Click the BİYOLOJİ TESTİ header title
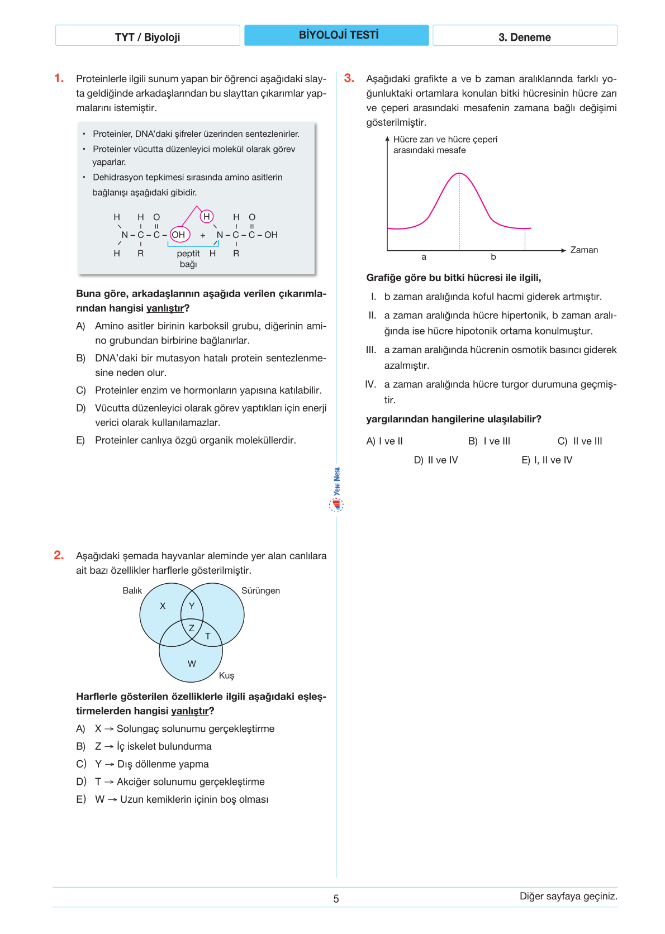point(338,35)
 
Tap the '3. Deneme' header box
point(524,37)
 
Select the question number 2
point(59,555)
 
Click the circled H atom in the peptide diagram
point(207,216)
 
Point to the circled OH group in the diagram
point(179,235)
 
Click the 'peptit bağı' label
point(188,259)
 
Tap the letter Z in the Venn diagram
point(192,628)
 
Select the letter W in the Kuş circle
point(192,664)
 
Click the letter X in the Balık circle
point(163,606)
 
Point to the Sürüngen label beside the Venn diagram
point(260,590)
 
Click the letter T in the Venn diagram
point(208,636)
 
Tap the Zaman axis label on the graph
point(584,250)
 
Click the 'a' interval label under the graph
point(424,257)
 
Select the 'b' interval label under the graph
point(493,257)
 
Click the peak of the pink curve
point(459,174)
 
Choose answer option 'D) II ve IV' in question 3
point(436,460)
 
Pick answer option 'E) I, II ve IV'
point(547,460)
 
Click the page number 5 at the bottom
point(336,899)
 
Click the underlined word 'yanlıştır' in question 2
point(189,711)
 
